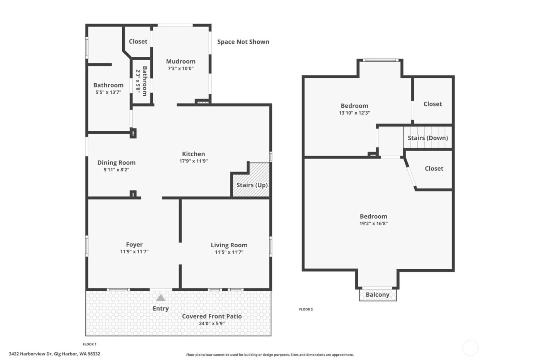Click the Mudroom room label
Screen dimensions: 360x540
click(x=181, y=61)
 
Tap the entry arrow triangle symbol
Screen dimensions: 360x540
click(x=161, y=298)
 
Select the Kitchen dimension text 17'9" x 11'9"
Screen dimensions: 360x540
click(x=194, y=161)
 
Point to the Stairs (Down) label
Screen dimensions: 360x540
click(x=428, y=138)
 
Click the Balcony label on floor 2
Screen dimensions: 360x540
click(x=378, y=295)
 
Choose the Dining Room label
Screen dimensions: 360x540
click(x=116, y=162)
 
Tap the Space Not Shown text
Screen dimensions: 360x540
click(x=243, y=42)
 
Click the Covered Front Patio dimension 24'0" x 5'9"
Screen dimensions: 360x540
click(x=212, y=324)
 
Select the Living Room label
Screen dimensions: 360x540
click(x=229, y=245)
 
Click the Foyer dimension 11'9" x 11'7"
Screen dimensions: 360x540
click(x=134, y=252)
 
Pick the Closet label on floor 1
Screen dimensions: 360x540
click(x=138, y=41)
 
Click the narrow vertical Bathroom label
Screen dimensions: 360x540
click(x=145, y=81)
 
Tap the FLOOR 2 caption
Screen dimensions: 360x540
click(x=306, y=309)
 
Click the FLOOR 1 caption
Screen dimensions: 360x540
click(x=89, y=344)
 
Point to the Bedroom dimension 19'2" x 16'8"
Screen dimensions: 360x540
click(x=373, y=223)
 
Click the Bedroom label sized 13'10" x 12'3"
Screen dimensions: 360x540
click(x=354, y=106)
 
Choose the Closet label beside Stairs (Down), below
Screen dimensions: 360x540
click(x=434, y=169)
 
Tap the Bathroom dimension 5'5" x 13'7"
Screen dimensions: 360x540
click(x=108, y=93)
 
